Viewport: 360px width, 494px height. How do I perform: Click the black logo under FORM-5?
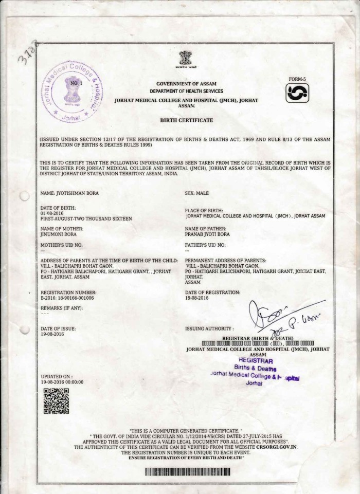(298, 93)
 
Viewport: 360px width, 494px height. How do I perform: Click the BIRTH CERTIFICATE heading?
(186, 119)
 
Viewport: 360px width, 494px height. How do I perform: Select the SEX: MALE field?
(196, 193)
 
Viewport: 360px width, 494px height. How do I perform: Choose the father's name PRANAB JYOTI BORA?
(207, 234)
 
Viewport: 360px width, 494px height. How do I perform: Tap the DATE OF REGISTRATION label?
(212, 292)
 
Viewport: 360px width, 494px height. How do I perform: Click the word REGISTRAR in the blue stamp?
(253, 361)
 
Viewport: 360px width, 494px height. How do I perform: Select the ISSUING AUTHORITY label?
(208, 328)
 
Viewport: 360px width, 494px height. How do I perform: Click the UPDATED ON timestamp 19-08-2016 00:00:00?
(62, 382)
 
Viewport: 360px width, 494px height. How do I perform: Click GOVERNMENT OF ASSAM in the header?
(186, 83)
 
